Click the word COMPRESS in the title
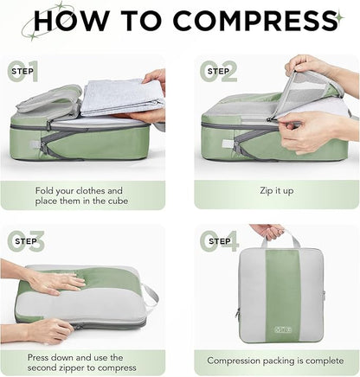(x=248, y=22)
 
